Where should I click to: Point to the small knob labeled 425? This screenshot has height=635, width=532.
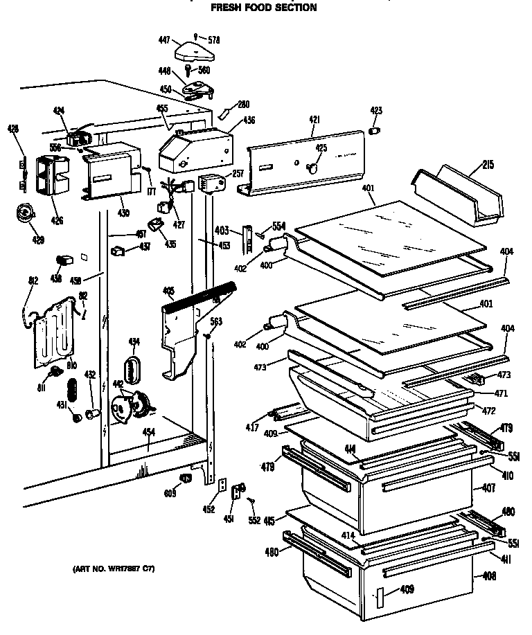[313, 166]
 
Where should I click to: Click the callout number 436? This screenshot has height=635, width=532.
[248, 120]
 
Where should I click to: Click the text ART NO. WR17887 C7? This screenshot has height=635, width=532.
[113, 569]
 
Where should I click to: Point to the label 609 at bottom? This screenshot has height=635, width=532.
[170, 492]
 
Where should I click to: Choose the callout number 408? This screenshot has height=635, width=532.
[489, 575]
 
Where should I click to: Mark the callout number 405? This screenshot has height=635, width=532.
[168, 291]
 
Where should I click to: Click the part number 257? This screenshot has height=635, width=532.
[237, 173]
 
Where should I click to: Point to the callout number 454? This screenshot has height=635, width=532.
[148, 431]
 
